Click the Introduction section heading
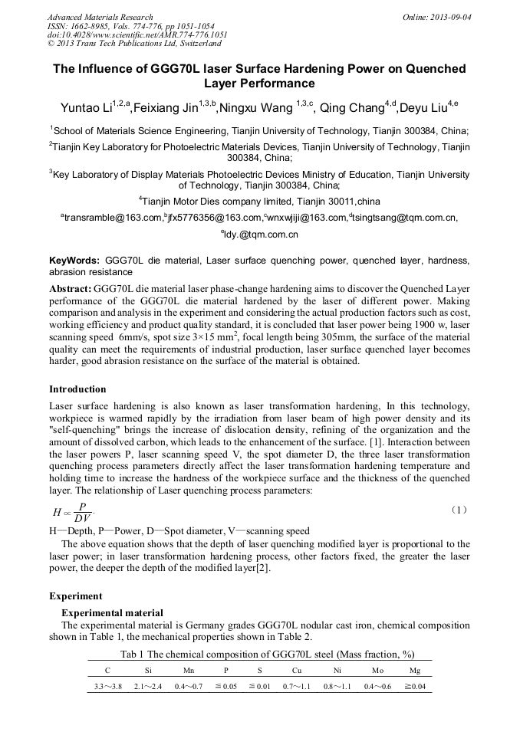point(77,389)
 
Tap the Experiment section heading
point(75,596)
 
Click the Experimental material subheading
point(112,612)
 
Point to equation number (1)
point(459,509)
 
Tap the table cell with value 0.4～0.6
point(377,686)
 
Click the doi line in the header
point(137,34)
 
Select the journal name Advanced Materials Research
point(100,17)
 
